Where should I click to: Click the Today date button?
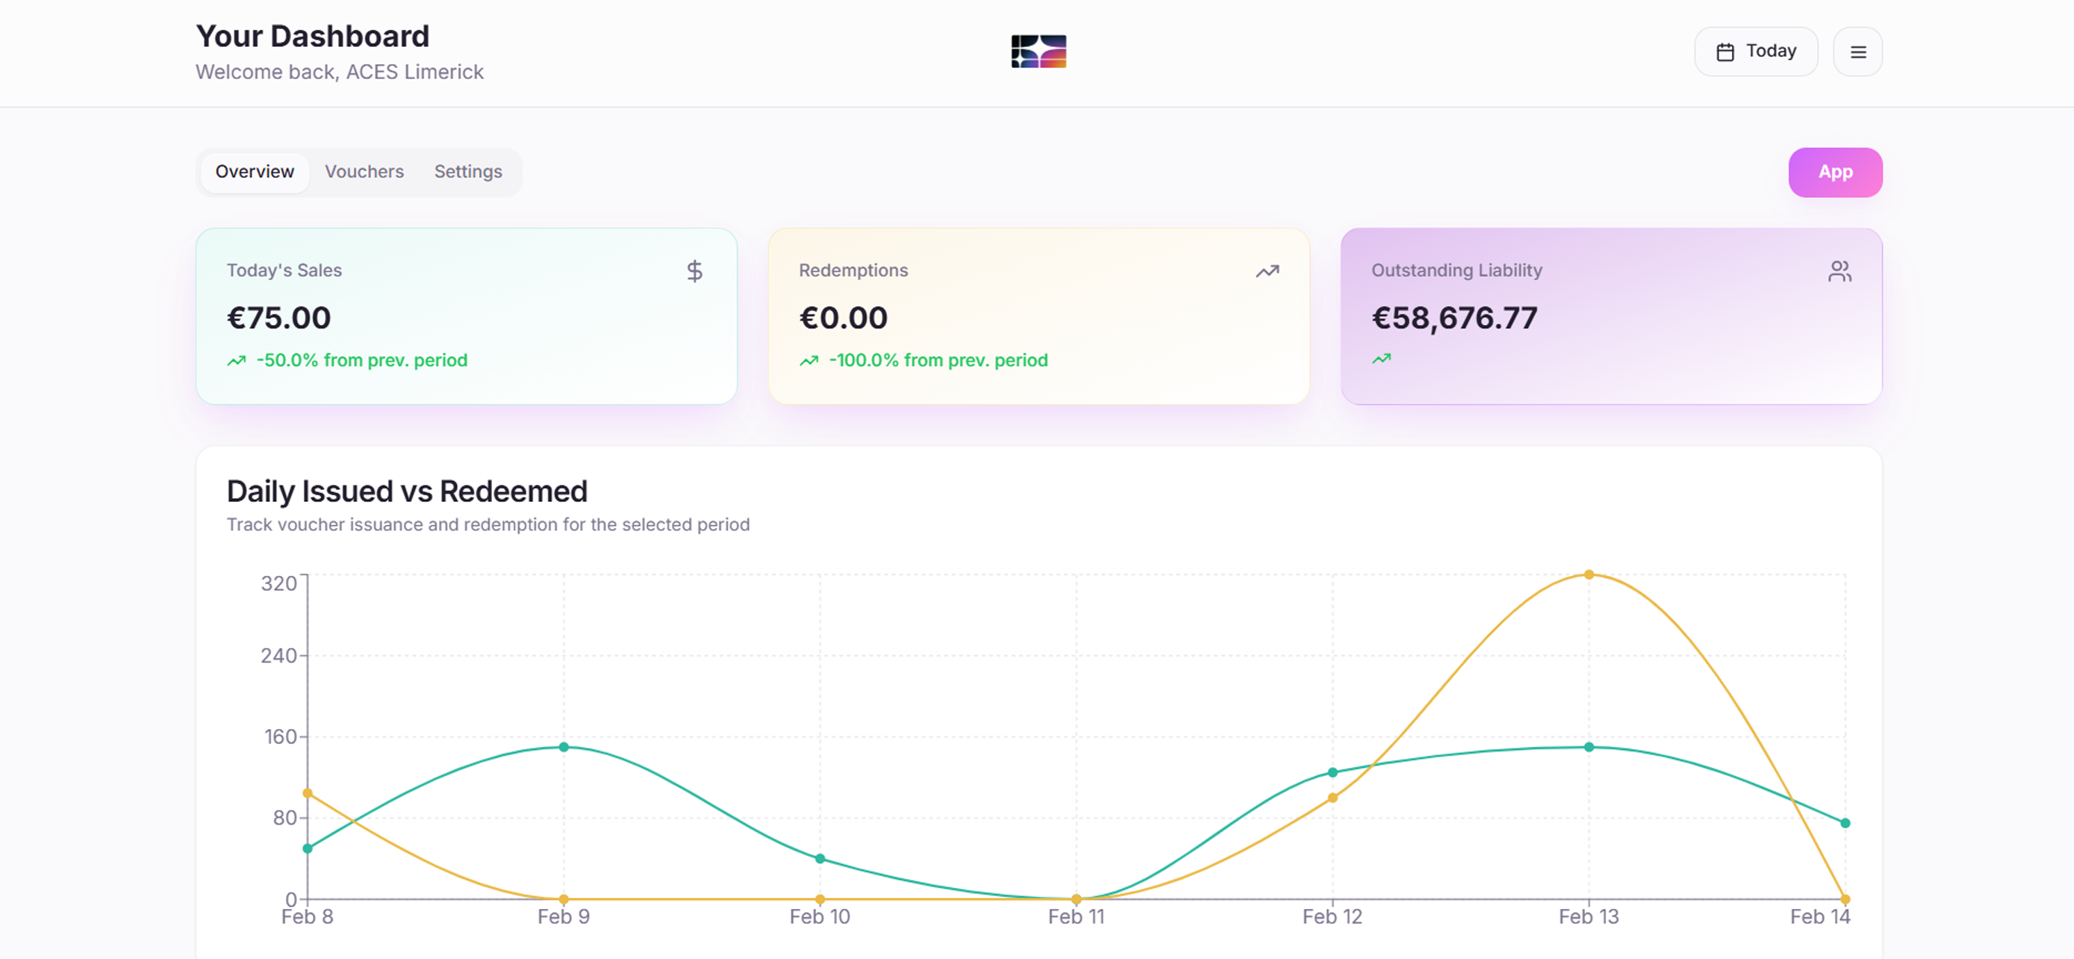point(1755,52)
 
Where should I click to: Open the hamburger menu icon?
point(1857,52)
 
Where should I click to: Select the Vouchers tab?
point(364,172)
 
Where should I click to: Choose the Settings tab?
point(468,172)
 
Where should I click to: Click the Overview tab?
point(255,172)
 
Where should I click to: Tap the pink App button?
point(1835,173)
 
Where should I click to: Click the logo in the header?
point(1038,52)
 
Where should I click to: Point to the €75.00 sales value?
point(278,318)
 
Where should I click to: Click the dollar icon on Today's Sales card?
point(694,271)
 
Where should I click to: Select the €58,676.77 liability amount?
point(1454,318)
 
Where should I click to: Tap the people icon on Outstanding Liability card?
point(1839,271)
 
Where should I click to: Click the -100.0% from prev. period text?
point(938,360)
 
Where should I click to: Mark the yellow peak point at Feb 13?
point(1589,574)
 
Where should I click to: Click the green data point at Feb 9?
point(564,746)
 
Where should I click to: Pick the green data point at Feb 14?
point(1845,823)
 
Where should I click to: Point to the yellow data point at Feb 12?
point(1333,797)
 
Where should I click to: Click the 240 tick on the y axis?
point(278,656)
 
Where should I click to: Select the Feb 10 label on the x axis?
point(820,916)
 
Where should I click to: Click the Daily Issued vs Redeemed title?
point(407,491)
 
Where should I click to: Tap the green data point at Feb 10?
point(820,858)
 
